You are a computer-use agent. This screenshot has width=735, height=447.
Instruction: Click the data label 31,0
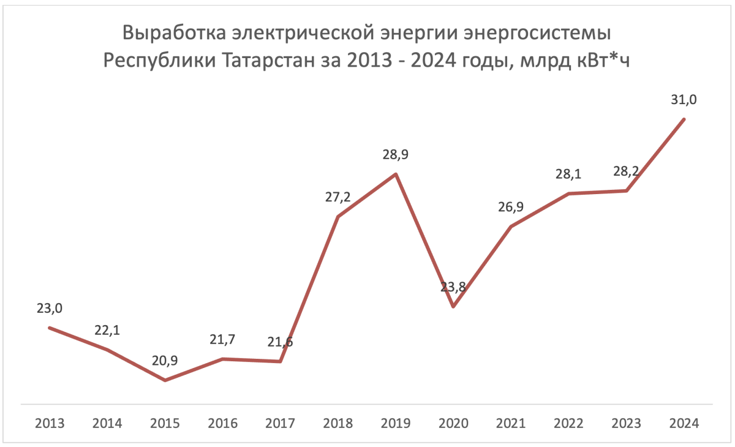[684, 100]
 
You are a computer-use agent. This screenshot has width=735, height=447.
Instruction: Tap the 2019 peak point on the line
[396, 174]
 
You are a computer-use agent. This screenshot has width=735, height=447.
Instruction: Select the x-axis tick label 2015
[165, 423]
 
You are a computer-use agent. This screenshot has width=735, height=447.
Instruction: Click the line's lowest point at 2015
[165, 380]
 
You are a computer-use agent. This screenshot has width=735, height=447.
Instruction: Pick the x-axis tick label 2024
[684, 423]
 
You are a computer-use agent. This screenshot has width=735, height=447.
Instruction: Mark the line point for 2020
[453, 306]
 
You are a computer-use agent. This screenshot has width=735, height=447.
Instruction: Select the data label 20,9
[165, 361]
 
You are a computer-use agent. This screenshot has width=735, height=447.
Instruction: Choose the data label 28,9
[396, 155]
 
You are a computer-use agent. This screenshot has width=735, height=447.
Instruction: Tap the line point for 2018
[338, 216]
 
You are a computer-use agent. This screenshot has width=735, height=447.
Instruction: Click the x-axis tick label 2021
[511, 423]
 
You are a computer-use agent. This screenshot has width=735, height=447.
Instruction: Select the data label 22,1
[107, 330]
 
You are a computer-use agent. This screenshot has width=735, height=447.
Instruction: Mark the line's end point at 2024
[684, 119]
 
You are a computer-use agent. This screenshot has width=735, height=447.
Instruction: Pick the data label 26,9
[511, 207]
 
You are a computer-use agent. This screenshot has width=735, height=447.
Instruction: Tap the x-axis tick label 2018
[338, 423]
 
